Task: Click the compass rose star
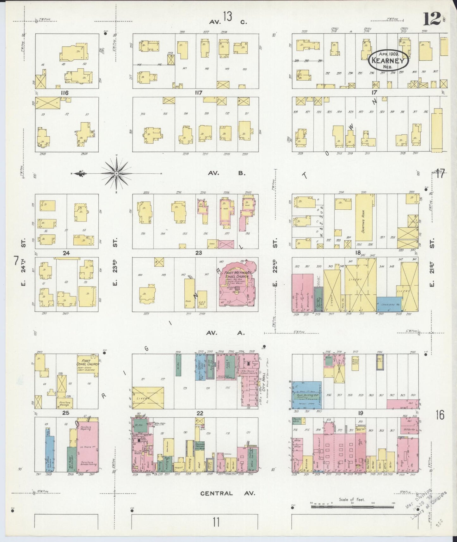click(116, 174)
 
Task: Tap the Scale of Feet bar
click(353, 507)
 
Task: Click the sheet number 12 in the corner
click(431, 20)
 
